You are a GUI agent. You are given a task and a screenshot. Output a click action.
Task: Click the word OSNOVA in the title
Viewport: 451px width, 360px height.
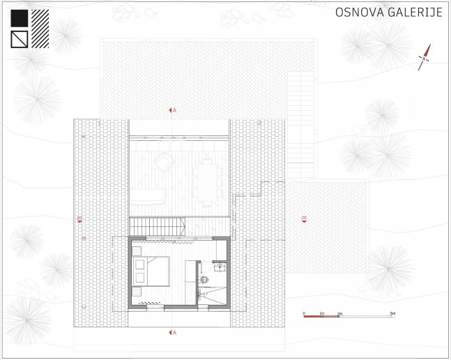358,13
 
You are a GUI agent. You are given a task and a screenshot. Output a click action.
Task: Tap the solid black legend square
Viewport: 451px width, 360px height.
20,18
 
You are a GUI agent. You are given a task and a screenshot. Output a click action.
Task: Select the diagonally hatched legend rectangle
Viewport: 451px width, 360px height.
40,28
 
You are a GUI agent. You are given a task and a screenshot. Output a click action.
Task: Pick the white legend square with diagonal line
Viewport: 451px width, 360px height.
20,39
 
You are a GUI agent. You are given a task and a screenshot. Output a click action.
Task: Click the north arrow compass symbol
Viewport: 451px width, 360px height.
425,57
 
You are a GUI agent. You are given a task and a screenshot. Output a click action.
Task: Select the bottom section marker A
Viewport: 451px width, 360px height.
172,333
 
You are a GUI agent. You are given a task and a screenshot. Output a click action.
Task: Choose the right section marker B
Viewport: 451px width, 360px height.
304,220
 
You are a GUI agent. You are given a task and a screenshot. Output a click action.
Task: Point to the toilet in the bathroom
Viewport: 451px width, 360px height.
205,279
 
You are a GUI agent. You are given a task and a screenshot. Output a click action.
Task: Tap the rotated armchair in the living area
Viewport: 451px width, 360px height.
163,163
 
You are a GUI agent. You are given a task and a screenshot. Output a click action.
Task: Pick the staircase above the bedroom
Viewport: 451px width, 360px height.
158,226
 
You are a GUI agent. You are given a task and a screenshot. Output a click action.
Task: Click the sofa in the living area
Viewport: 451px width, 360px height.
147,195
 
